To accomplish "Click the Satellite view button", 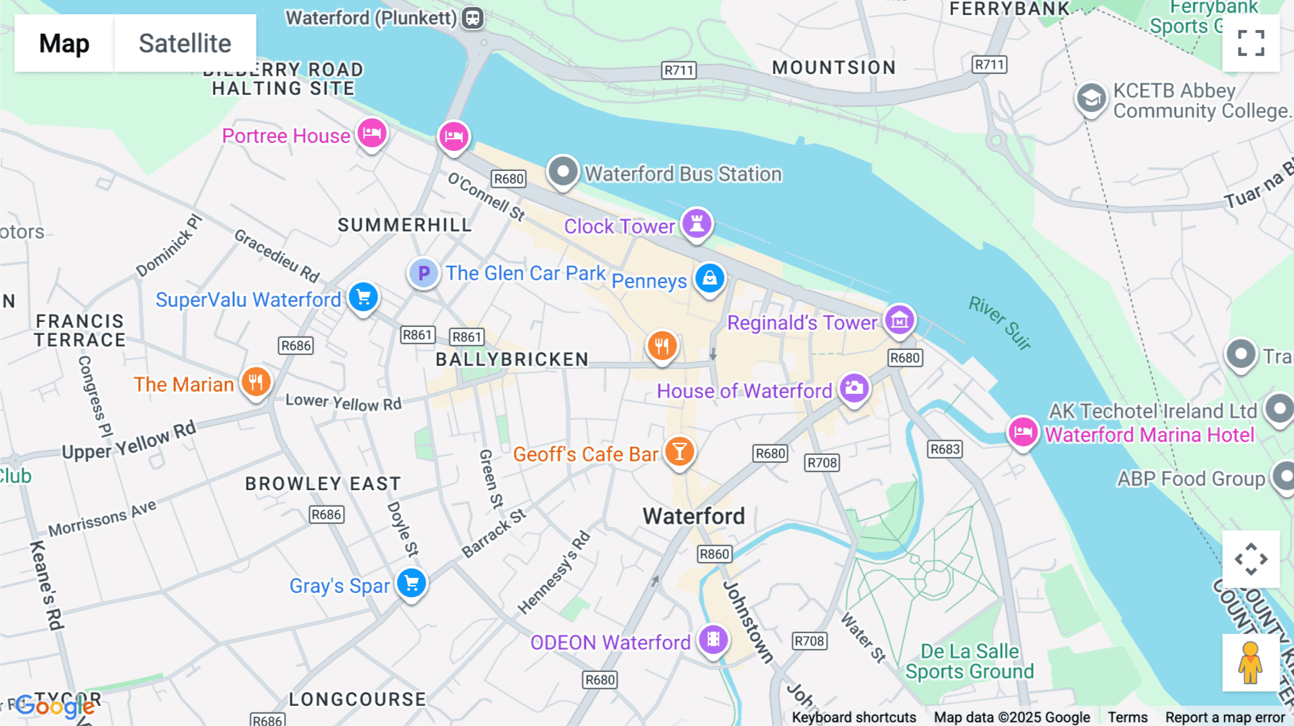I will coord(185,43).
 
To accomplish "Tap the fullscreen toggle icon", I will coord(1251,43).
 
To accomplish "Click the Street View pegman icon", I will coord(1250,662).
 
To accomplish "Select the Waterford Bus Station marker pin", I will coord(563,172).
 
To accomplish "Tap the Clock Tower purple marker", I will coord(697,224).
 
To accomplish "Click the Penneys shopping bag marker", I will coord(710,278).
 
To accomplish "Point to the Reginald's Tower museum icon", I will coord(899,320).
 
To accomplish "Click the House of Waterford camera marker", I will coord(854,389).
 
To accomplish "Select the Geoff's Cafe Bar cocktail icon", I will coord(679,452).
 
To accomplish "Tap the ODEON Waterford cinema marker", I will coord(713,638).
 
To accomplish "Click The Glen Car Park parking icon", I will coord(423,273).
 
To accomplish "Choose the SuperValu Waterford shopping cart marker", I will coord(363,297).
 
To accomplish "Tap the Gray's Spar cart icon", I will coord(412,584).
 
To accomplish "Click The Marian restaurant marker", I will coord(256,382).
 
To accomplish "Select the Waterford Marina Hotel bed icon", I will coord(1022,432).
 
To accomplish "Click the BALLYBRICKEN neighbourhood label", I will coord(512,359).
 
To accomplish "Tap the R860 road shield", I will coord(715,554).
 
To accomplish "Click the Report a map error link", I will coord(1225,717).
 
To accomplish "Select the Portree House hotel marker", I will coord(372,133).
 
